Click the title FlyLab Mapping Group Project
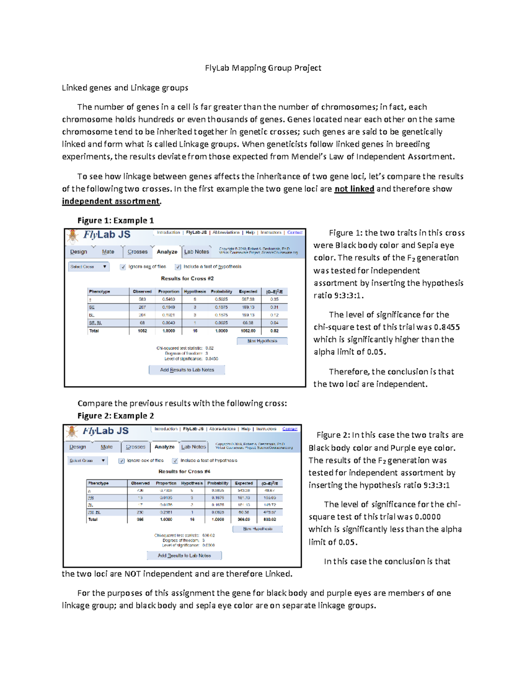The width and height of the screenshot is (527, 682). (263, 68)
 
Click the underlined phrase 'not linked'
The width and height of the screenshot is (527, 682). (354, 189)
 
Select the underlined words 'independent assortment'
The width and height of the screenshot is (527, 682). (111, 201)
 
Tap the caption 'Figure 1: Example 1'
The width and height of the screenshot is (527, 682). (116, 220)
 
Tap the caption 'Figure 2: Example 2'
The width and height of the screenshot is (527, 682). (116, 416)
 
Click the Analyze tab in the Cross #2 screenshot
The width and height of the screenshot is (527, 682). (167, 252)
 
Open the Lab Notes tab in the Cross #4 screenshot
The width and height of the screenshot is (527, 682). (194, 447)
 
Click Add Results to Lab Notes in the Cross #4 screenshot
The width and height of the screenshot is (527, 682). (184, 556)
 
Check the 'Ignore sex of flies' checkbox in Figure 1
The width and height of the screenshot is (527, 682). (123, 267)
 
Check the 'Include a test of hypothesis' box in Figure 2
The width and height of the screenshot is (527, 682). (175, 461)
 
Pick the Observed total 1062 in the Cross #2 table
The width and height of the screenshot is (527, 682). (142, 331)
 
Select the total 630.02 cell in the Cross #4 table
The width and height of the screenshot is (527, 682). (269, 519)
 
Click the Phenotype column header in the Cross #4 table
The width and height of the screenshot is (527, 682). (98, 483)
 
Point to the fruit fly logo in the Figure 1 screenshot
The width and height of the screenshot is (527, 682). (72, 236)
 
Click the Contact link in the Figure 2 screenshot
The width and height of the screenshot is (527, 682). (289, 429)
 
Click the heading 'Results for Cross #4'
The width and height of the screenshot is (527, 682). (184, 471)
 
